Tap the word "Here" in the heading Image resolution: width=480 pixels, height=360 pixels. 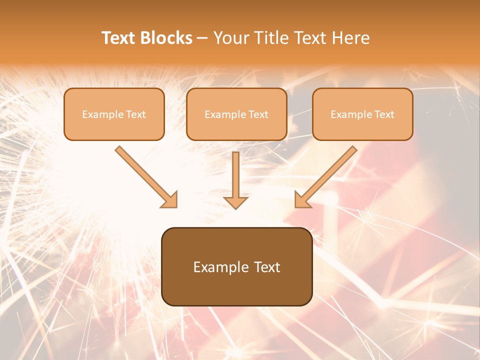pyautogui.click(x=352, y=38)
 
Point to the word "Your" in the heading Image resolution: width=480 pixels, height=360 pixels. pyautogui.click(x=231, y=38)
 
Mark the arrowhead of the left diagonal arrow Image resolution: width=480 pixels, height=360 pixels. pyautogui.click(x=170, y=200)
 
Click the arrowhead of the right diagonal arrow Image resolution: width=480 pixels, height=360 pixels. pyautogui.click(x=301, y=200)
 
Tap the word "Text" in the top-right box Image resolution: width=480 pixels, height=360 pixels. pyautogui.click(x=384, y=114)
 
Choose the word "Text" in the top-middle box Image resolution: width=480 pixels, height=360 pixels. pyautogui.click(x=258, y=114)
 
